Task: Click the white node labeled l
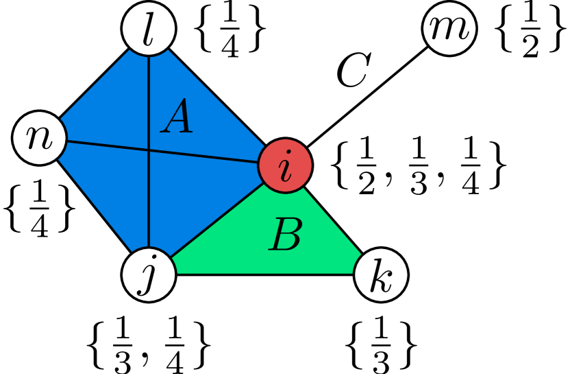point(149,30)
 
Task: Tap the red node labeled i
point(285,166)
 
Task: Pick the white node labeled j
point(149,274)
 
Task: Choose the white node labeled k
point(381,275)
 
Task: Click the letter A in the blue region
point(177,117)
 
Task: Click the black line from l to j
point(149,206)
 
